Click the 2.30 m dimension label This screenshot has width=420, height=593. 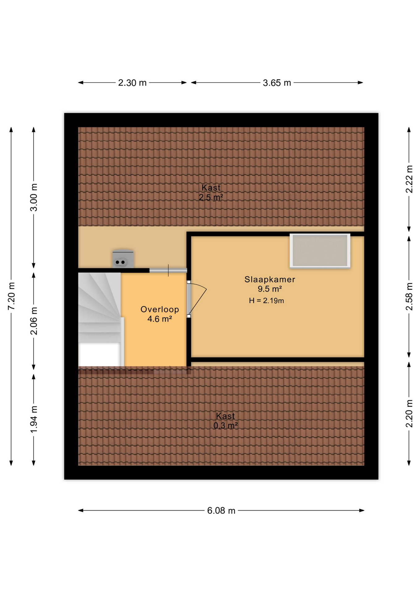(x=132, y=83)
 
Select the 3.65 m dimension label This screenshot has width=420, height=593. (x=277, y=83)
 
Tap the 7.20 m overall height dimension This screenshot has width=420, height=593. (x=11, y=296)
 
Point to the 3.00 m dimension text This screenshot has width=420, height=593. (x=34, y=197)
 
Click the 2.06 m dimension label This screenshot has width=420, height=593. (x=34, y=321)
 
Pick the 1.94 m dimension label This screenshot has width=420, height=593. (x=34, y=419)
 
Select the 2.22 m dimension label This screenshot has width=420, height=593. (x=409, y=179)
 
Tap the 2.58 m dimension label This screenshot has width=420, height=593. (x=409, y=296)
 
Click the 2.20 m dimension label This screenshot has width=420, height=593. (x=409, y=414)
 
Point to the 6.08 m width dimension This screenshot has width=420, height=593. (x=221, y=511)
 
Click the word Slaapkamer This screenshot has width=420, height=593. (x=270, y=280)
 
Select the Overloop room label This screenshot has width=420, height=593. (x=160, y=309)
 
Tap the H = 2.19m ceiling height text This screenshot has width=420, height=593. (x=266, y=301)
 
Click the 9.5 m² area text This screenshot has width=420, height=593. (x=270, y=289)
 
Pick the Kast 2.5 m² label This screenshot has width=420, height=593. (x=211, y=192)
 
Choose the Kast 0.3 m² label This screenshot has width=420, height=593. (x=225, y=421)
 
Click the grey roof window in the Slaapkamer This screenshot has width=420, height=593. (x=320, y=250)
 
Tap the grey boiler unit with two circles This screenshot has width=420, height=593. (x=123, y=259)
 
